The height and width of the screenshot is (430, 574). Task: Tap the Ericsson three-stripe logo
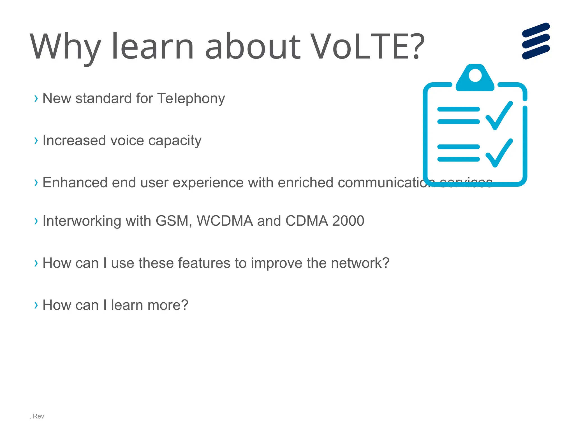(536, 41)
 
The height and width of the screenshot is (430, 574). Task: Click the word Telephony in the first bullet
(191, 99)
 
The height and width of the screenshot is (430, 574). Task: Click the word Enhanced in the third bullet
(75, 183)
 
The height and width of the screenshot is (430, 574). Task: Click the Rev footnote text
(38, 416)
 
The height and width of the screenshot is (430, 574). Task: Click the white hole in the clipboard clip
(475, 75)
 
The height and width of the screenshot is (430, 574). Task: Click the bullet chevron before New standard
(36, 99)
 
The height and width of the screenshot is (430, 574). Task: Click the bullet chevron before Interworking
(36, 221)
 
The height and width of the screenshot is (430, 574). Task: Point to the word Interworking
(82, 221)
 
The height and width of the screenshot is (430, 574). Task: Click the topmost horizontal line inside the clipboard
(458, 109)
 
